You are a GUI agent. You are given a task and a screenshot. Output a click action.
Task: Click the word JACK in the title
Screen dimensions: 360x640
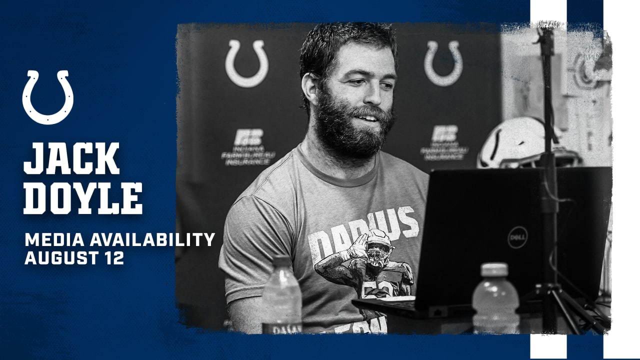71,158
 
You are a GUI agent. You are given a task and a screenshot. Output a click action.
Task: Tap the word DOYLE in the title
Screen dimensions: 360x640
83,198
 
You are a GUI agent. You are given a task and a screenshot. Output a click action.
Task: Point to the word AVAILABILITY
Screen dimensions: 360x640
152,240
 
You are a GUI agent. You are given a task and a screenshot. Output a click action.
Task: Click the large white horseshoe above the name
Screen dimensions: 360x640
48,97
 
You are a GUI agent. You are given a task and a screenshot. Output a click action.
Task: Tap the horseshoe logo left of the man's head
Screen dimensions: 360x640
246,63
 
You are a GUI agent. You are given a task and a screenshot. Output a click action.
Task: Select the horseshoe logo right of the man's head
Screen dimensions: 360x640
443,63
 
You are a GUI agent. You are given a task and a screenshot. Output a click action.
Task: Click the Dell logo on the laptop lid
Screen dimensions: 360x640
517,237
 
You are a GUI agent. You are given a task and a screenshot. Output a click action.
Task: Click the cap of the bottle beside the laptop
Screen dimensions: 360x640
494,269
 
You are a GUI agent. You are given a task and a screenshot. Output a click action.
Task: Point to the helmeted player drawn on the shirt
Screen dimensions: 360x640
370,265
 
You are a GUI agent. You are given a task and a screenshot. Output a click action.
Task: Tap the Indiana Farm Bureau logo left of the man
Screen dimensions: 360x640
248,147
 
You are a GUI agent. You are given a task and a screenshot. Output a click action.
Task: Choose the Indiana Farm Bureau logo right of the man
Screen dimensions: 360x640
444,143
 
